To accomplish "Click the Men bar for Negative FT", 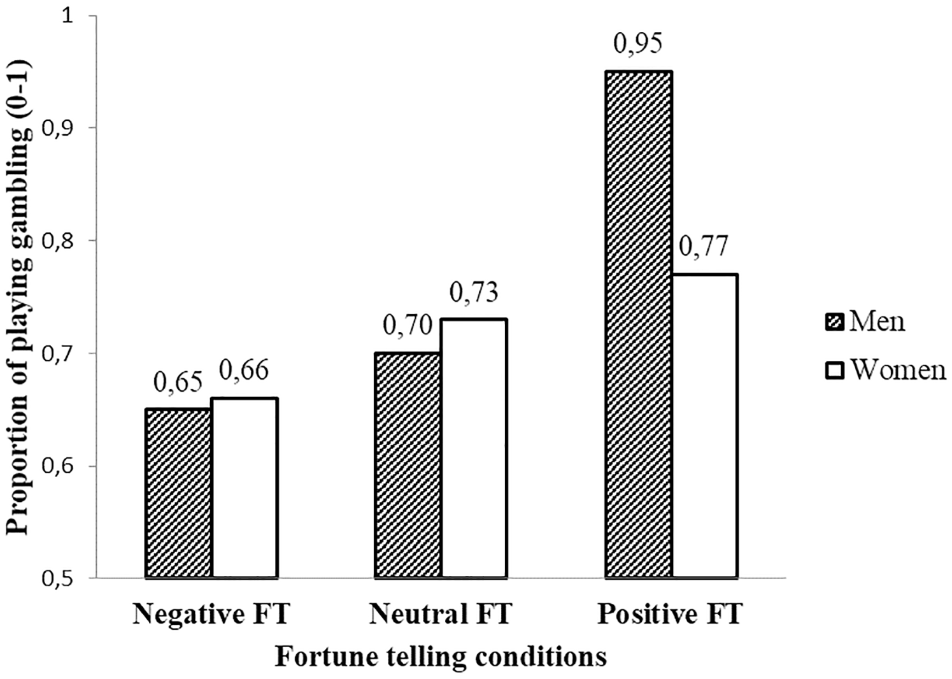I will coord(179,494).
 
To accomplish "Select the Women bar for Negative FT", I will coord(245,489).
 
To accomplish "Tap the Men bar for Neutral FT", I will coord(408,466).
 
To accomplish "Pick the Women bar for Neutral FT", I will coord(474,449).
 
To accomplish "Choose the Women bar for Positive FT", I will coord(704,426).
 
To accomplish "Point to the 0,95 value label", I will coord(638,44).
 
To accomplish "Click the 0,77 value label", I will coord(704,247).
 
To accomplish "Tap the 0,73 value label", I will coord(474,292).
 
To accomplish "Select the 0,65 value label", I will coord(178,383).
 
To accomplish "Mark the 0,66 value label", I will coord(245,371).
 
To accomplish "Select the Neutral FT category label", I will coord(441,615).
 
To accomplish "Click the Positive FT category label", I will coord(670,615).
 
